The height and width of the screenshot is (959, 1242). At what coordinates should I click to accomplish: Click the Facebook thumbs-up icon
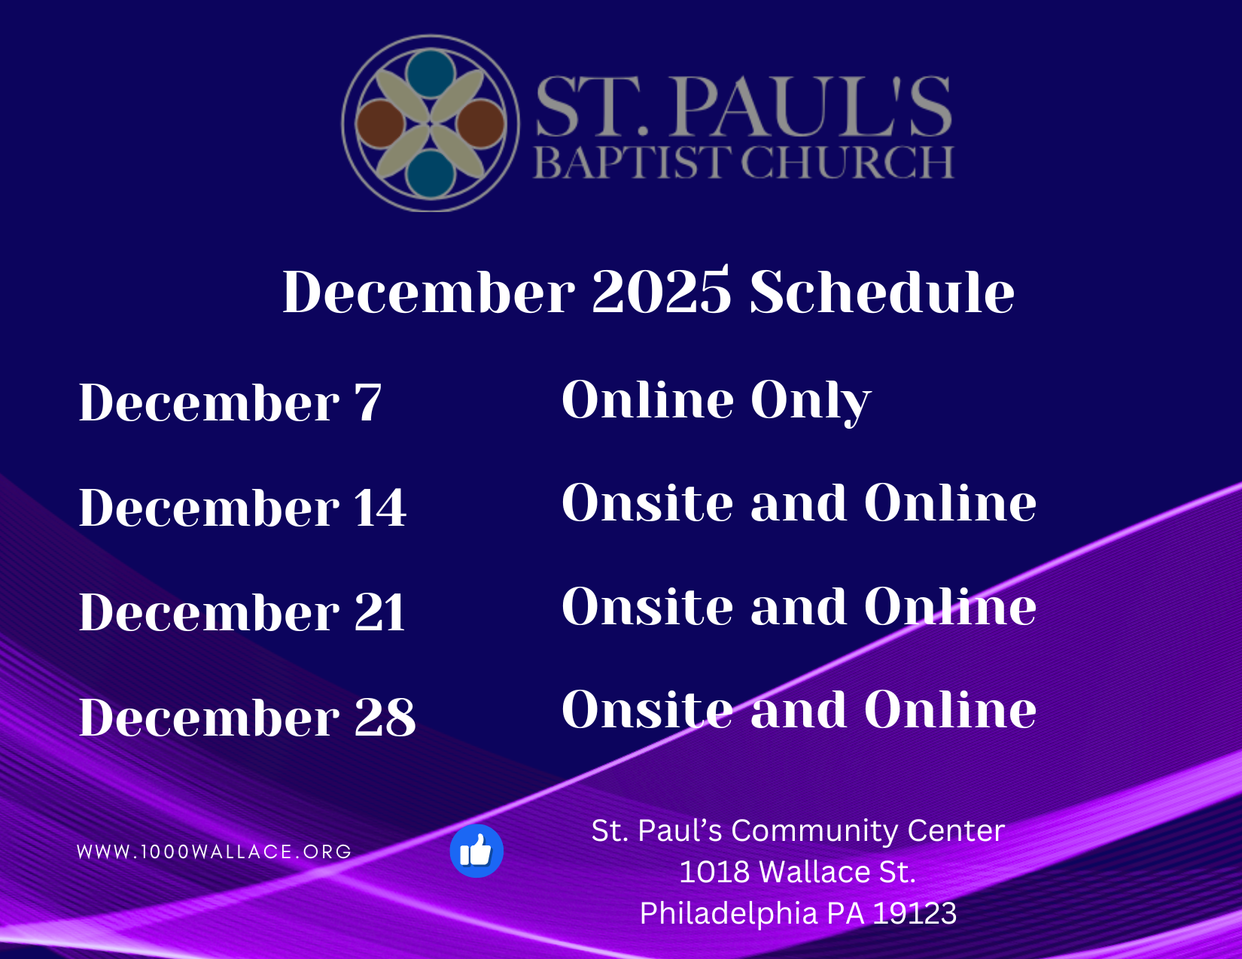(476, 851)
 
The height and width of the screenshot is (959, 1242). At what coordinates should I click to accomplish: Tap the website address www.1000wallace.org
(215, 851)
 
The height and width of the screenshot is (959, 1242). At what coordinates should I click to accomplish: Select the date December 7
(230, 402)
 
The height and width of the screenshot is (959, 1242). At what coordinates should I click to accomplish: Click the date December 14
(242, 507)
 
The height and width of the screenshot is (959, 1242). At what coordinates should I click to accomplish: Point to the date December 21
(242, 612)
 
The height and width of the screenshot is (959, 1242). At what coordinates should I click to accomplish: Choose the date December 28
(247, 717)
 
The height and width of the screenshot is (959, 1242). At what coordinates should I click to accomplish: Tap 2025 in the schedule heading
(662, 291)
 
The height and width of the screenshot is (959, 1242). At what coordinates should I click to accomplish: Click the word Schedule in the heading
(882, 291)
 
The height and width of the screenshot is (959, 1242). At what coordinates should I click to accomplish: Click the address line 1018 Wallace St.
(797, 872)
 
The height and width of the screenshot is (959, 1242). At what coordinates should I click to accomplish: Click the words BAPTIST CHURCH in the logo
(743, 162)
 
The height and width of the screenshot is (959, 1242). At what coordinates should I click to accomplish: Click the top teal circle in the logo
(431, 74)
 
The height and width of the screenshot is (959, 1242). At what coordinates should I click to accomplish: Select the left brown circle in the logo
(380, 124)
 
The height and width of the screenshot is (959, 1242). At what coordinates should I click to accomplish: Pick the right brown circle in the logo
(481, 124)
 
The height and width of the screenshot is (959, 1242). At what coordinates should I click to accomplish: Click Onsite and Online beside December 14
(799, 502)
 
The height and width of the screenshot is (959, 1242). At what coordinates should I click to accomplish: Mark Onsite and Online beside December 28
(799, 709)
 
